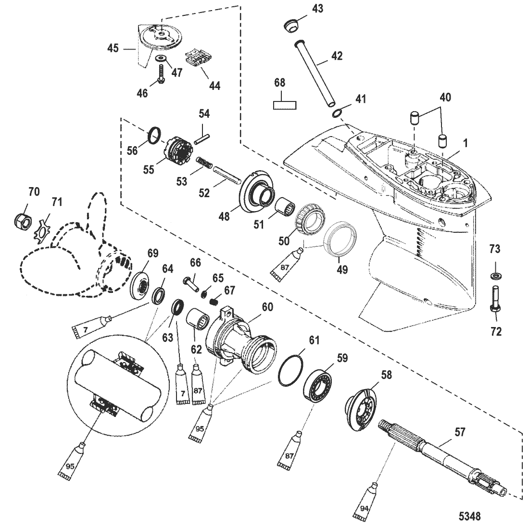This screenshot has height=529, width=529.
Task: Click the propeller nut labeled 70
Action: point(23,221)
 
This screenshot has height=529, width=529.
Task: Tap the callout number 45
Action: point(113,48)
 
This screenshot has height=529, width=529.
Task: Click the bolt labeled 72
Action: point(494,299)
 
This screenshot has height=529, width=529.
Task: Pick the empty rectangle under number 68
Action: point(284,105)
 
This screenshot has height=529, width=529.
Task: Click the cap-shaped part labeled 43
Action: point(291,26)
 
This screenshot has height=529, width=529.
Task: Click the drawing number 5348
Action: point(470,516)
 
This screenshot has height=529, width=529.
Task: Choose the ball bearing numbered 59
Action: point(317,386)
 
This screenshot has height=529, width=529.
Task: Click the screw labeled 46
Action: point(161,73)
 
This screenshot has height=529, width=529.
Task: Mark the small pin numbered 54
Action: point(202,139)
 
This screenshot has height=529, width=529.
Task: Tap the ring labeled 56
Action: point(155,136)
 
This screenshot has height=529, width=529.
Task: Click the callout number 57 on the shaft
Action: point(460,432)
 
